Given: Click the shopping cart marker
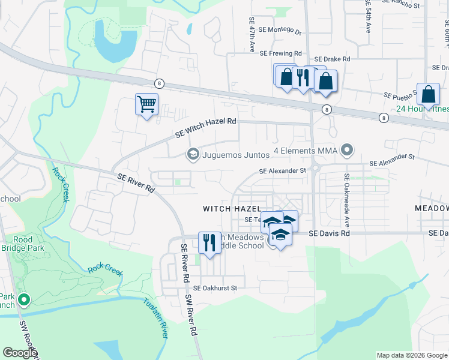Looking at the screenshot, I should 146,105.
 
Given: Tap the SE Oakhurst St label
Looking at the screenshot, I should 215,288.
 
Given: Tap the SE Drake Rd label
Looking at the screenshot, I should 331,59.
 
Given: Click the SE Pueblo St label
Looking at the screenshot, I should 403,95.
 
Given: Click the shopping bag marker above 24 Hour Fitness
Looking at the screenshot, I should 428,94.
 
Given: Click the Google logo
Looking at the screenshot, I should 20,353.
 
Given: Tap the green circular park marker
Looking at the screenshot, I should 24,299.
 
